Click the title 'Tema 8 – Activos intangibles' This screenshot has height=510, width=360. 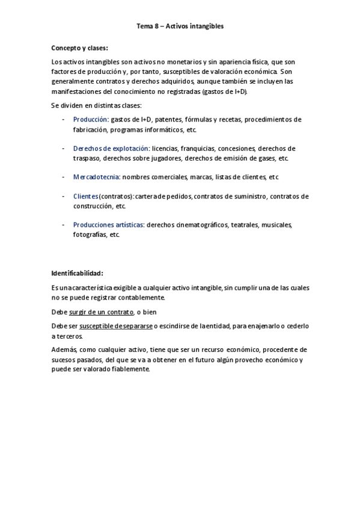pyautogui.click(x=180, y=26)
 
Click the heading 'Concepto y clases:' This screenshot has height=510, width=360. pyautogui.click(x=80, y=48)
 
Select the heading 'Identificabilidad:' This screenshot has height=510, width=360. pyautogui.click(x=78, y=273)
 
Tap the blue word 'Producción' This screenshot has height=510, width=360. pyautogui.click(x=90, y=120)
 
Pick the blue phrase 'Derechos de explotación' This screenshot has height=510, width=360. pyautogui.click(x=111, y=149)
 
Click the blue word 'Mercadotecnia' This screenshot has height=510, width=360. pyautogui.click(x=96, y=177)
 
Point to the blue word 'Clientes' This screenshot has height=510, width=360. pyautogui.click(x=85, y=196)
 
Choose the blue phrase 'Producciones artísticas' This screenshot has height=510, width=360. pyautogui.click(x=108, y=225)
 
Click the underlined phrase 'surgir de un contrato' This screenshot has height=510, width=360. pyautogui.click(x=101, y=312)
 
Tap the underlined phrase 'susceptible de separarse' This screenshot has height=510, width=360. pyautogui.click(x=116, y=326)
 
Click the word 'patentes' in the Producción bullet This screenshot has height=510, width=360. pyautogui.click(x=168, y=120)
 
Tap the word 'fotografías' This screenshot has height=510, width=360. pyautogui.click(x=88, y=235)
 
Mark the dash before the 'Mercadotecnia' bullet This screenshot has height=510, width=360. pyautogui.click(x=64, y=177)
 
